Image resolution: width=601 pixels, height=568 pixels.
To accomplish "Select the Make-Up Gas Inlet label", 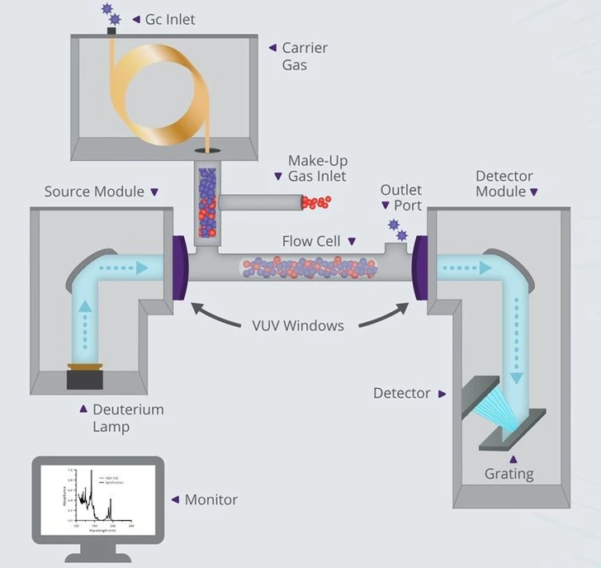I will pyautogui.click(x=316, y=168).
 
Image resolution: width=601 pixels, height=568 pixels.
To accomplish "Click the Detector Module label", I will pyautogui.click(x=504, y=184).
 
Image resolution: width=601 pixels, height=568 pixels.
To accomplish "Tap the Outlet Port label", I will pyautogui.click(x=401, y=198).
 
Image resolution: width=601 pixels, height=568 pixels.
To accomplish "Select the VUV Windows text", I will pyautogui.click(x=298, y=324).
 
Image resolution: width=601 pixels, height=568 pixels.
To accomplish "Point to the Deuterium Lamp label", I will pyautogui.click(x=127, y=418).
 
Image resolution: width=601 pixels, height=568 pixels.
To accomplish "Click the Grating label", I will pyautogui.click(x=509, y=474).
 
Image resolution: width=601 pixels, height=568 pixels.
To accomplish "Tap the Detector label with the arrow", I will pyautogui.click(x=402, y=394).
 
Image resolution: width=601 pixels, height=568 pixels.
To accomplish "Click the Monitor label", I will pyautogui.click(x=211, y=499).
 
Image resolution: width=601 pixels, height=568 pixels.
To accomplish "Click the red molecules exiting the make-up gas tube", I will pyautogui.click(x=316, y=202).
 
